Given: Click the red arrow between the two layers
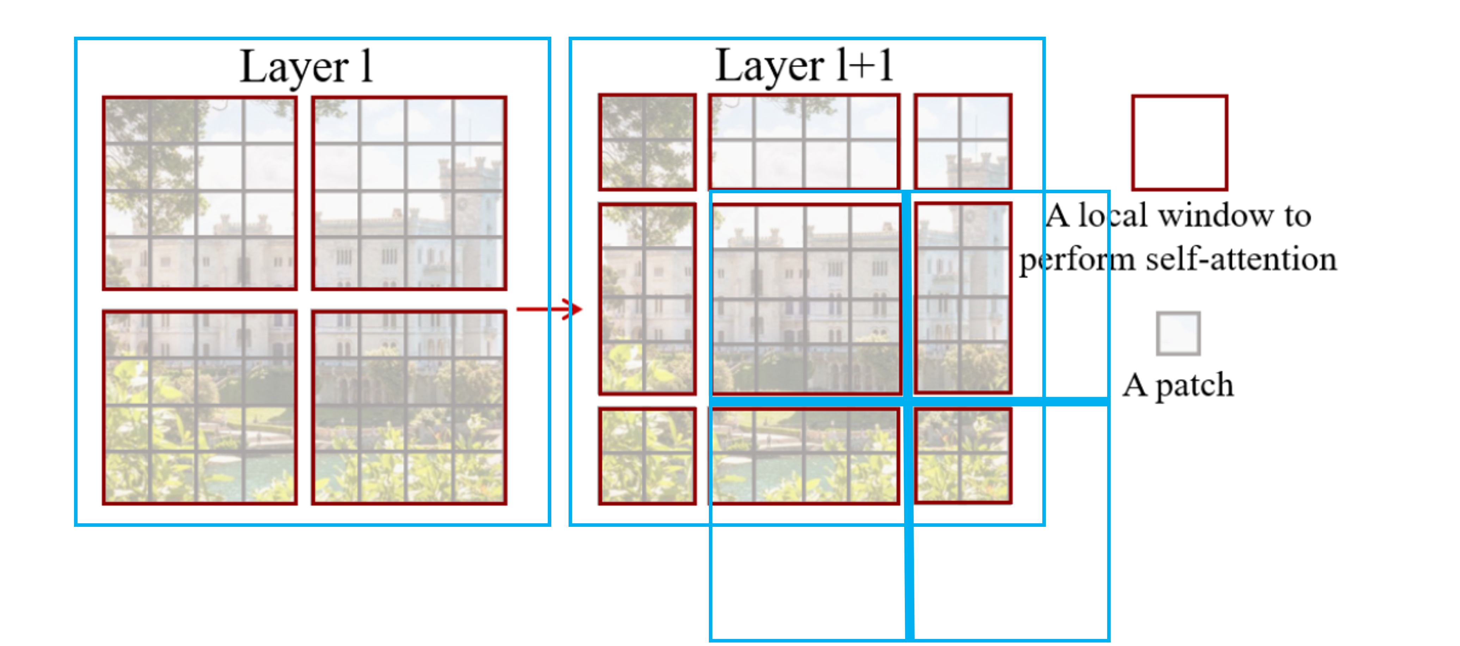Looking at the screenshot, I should coord(548,309).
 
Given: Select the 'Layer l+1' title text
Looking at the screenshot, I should coord(805,66).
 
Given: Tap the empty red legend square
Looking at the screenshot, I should coord(1179,142).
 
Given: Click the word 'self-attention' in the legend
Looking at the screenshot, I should coord(1241,260).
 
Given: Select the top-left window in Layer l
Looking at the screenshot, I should coord(200,193).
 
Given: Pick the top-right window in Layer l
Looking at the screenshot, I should coord(409,193).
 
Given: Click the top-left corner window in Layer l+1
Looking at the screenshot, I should coord(647,142).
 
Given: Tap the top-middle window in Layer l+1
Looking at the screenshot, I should coord(804,142).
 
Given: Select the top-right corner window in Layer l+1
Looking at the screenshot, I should coord(962,142).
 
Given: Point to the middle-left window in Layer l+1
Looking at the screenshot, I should coord(647,298).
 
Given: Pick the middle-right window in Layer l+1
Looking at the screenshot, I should coord(962,298).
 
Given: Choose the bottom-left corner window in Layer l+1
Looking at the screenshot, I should coord(647,456).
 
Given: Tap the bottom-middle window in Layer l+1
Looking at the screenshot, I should coord(804,456).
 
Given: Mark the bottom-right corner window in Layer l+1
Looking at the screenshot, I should coord(962,456).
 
